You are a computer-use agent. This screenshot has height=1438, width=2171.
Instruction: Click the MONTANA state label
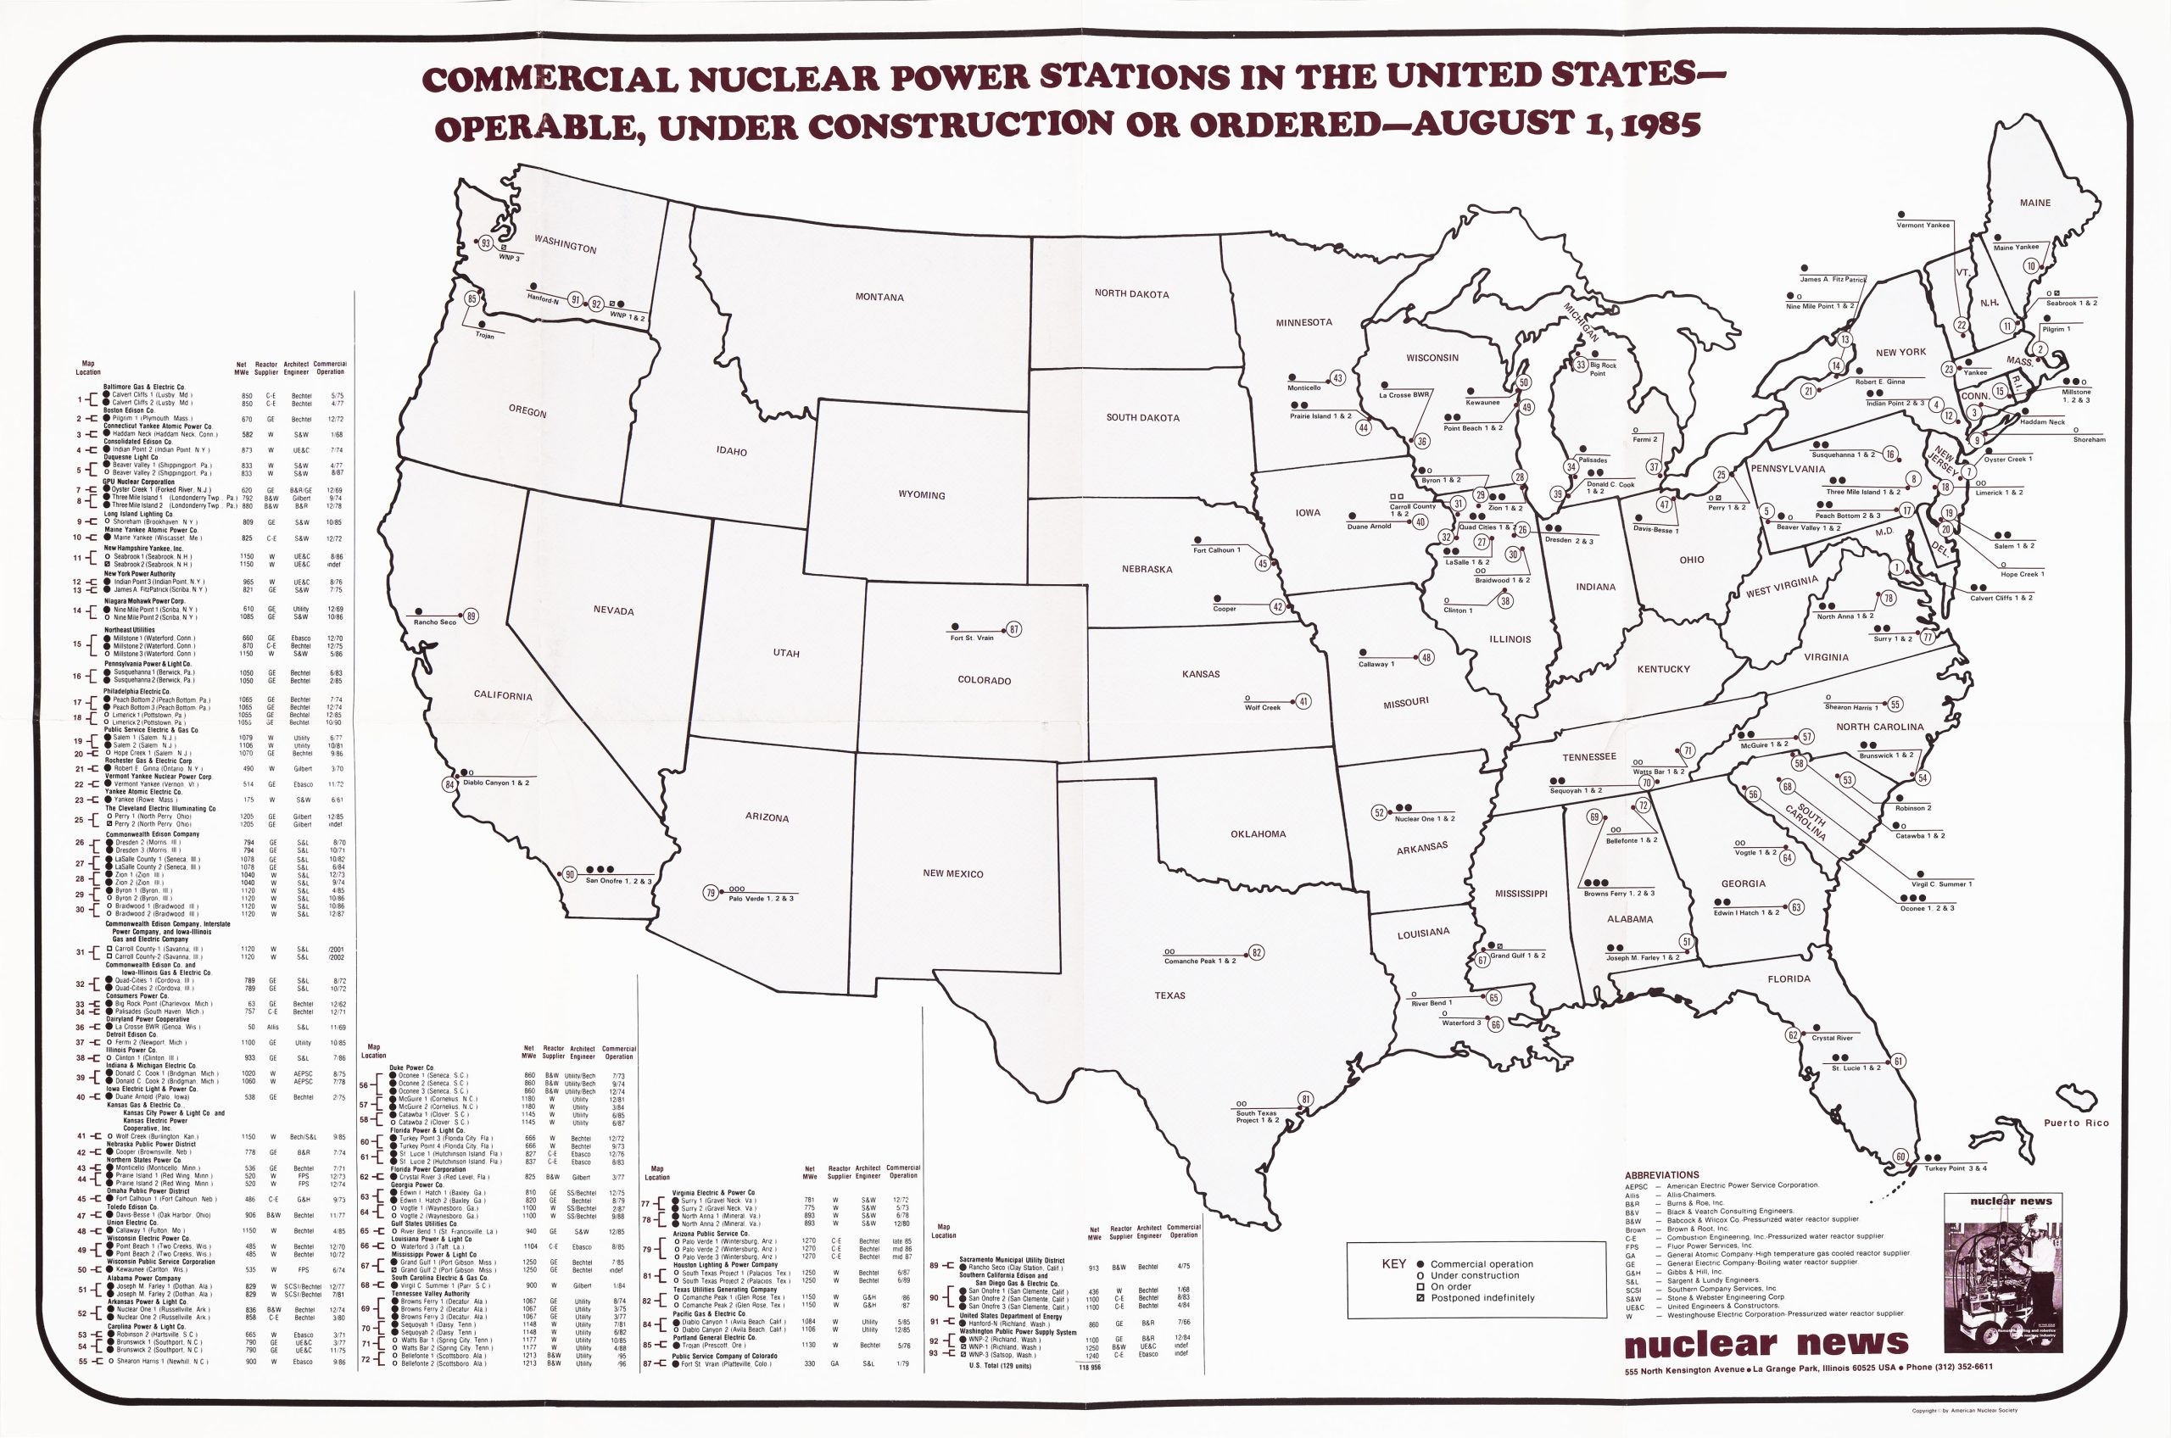pos(879,297)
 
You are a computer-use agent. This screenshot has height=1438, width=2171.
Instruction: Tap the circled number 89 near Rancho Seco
pos(472,616)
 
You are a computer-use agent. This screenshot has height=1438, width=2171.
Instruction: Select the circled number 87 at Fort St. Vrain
pos(1013,629)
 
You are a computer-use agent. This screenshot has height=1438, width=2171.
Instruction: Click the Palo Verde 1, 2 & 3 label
pos(761,899)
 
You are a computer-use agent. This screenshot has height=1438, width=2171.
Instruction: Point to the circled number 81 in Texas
pos(1305,1100)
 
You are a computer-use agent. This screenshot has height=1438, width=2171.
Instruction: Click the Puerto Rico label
pos(2076,1123)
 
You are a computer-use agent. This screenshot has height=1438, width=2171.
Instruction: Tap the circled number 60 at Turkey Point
pos(1900,1157)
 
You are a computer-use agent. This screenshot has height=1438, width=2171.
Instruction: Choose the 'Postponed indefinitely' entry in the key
pos(1481,1298)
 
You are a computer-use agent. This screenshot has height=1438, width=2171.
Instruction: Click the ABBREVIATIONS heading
pos(1661,1175)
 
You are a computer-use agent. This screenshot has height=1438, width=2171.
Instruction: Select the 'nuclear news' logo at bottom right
pos(1766,1345)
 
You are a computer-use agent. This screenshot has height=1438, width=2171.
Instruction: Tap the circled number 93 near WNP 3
pos(486,243)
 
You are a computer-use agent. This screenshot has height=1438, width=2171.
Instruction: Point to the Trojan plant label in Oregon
pos(484,336)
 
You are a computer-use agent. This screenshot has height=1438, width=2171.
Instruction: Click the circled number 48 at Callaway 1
pos(1426,658)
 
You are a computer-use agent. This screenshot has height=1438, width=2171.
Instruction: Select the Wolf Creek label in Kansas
pos(1262,707)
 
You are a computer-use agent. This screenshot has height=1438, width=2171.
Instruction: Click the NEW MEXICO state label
pos(952,874)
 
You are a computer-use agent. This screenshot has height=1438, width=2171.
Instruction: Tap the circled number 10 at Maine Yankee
pos(2031,266)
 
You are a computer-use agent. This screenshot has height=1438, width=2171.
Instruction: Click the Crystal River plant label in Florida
pos(1832,1038)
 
